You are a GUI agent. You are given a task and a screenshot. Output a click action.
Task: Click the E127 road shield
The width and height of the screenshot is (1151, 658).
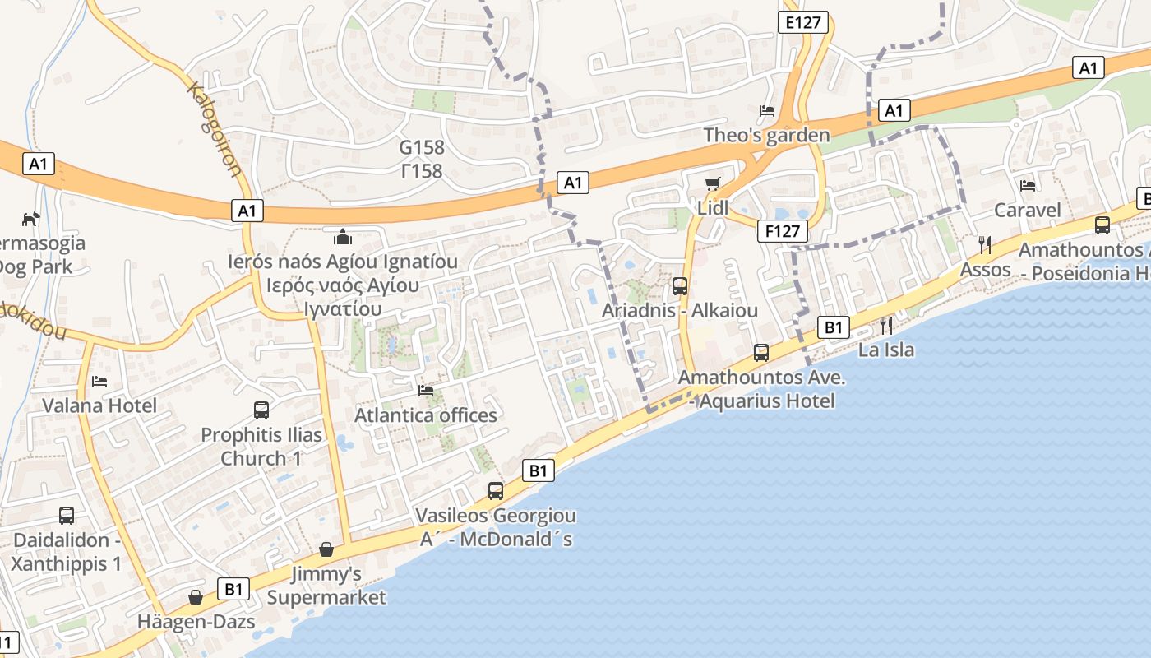pos(803,22)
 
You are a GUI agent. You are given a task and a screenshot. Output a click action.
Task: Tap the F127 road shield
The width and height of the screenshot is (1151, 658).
pos(782,231)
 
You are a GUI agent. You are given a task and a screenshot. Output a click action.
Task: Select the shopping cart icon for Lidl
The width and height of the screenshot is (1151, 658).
pos(713,183)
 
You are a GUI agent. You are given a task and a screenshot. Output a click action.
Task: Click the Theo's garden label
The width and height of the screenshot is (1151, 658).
pos(766,135)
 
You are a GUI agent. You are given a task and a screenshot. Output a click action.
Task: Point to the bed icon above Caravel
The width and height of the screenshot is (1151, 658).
pos(1028,186)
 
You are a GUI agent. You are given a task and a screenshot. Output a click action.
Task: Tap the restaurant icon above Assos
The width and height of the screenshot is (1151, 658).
pos(985,244)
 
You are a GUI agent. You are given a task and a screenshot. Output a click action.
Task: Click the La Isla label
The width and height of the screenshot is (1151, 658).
pos(886,350)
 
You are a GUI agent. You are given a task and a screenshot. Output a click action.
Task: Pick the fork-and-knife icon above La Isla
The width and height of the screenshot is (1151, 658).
pos(886,325)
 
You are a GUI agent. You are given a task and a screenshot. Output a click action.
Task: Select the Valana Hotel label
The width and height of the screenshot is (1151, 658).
pos(99,405)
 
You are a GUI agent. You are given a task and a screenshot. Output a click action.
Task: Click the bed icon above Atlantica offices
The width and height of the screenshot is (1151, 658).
pos(426,391)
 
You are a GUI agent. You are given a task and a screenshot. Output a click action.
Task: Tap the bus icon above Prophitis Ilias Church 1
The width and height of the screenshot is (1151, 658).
pos(261,410)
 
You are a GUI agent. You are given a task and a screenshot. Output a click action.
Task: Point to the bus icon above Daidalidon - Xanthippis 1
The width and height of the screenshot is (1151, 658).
pos(67,516)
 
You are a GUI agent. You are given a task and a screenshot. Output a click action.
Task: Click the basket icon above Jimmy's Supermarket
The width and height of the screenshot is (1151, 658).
pos(326,549)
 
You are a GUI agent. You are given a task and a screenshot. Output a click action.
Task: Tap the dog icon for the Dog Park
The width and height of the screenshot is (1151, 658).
pos(30,219)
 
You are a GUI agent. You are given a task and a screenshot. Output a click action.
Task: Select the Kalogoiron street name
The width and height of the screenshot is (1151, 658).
pos(215,129)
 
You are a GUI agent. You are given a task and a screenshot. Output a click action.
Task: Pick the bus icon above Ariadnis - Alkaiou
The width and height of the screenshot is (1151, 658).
pos(680,286)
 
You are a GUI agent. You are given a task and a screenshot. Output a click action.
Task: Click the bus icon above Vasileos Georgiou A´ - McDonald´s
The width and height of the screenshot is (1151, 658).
pos(496,491)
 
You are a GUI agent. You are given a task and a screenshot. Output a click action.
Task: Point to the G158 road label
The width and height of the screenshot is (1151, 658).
pos(422,148)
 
